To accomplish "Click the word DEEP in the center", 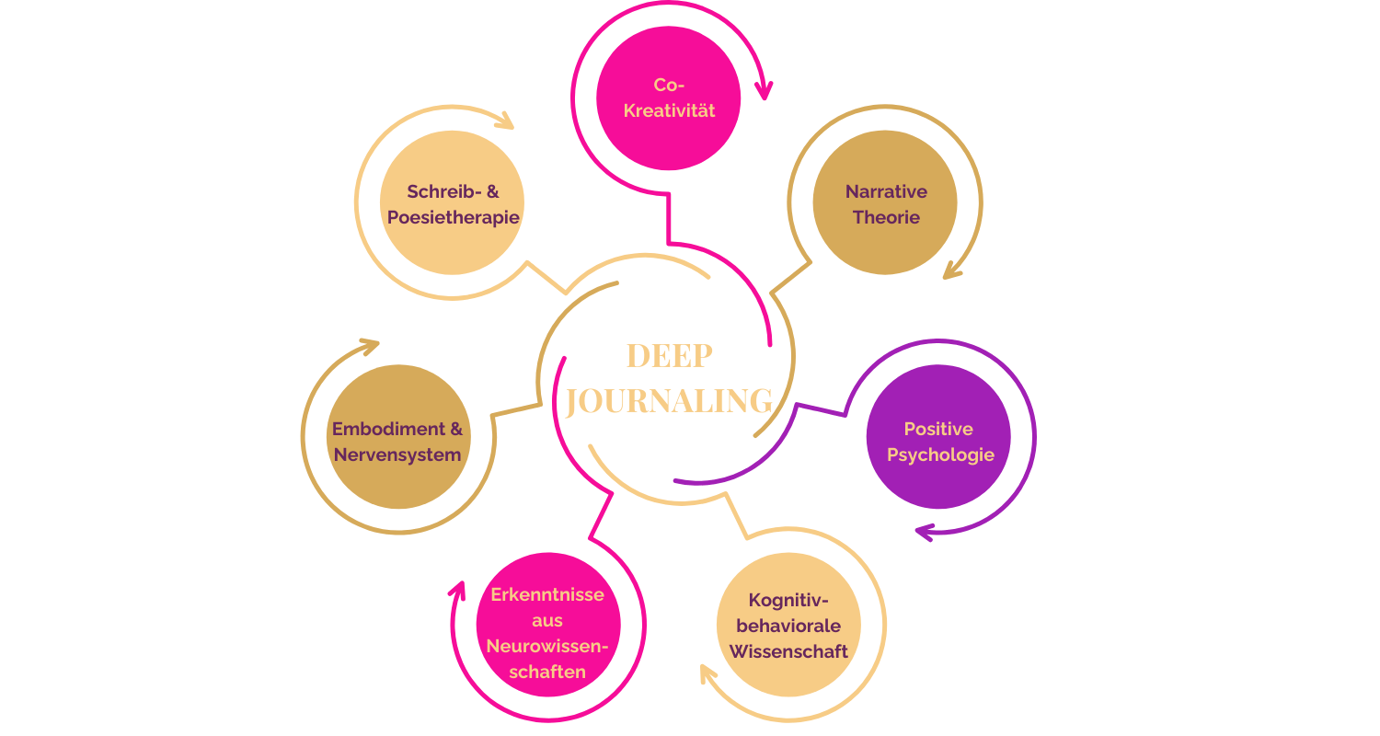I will click(669, 357).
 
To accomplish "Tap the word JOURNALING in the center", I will click(669, 402).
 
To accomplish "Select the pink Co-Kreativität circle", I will click(669, 98).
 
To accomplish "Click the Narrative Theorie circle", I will click(885, 203).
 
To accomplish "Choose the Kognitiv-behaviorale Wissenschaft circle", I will click(788, 625).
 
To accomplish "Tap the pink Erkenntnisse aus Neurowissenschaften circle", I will click(547, 626).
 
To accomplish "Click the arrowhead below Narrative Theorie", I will click(951, 270).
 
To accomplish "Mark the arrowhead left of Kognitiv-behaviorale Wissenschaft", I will click(707, 674).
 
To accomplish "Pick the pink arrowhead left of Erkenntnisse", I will click(456, 589).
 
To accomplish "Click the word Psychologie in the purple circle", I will click(940, 454).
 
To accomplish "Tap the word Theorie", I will click(886, 218).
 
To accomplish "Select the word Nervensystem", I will click(397, 454).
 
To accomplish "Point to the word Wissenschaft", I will click(788, 651).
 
